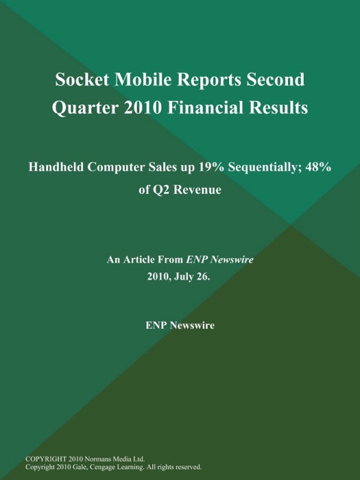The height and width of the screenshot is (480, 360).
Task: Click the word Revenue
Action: tap(199, 190)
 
